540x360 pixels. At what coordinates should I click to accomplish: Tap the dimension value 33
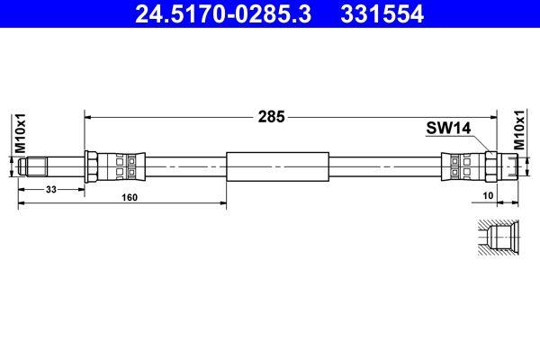51,189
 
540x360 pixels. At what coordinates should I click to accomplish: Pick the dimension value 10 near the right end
487,194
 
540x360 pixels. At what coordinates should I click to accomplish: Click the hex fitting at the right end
492,166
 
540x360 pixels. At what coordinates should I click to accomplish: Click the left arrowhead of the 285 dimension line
87,116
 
